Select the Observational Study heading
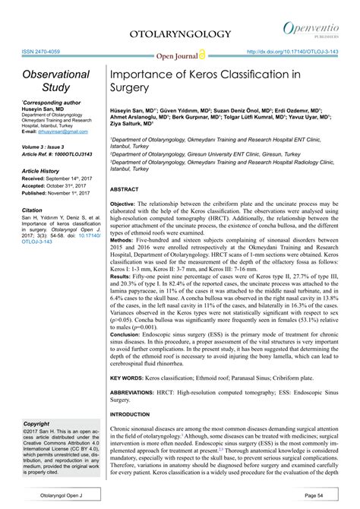click(x=55, y=81)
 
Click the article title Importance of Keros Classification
click(x=205, y=81)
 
